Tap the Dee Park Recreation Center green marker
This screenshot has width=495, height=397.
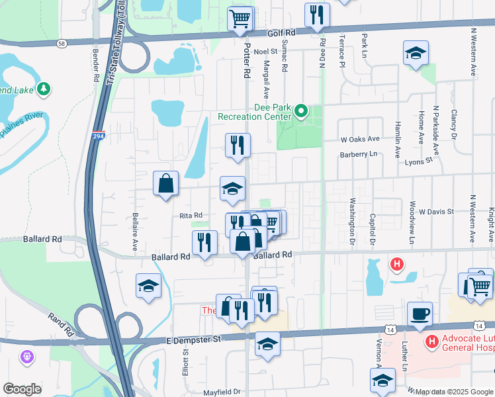(x=302, y=112)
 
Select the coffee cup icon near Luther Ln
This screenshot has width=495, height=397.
(x=420, y=314)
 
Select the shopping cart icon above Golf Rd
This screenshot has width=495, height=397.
(x=240, y=18)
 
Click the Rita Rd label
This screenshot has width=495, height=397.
(x=190, y=216)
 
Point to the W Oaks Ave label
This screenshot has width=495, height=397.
(x=360, y=139)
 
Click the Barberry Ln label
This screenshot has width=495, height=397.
(x=358, y=154)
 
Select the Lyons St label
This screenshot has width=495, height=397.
(x=418, y=160)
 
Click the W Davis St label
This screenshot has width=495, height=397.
(x=434, y=212)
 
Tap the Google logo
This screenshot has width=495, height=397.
(x=22, y=388)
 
